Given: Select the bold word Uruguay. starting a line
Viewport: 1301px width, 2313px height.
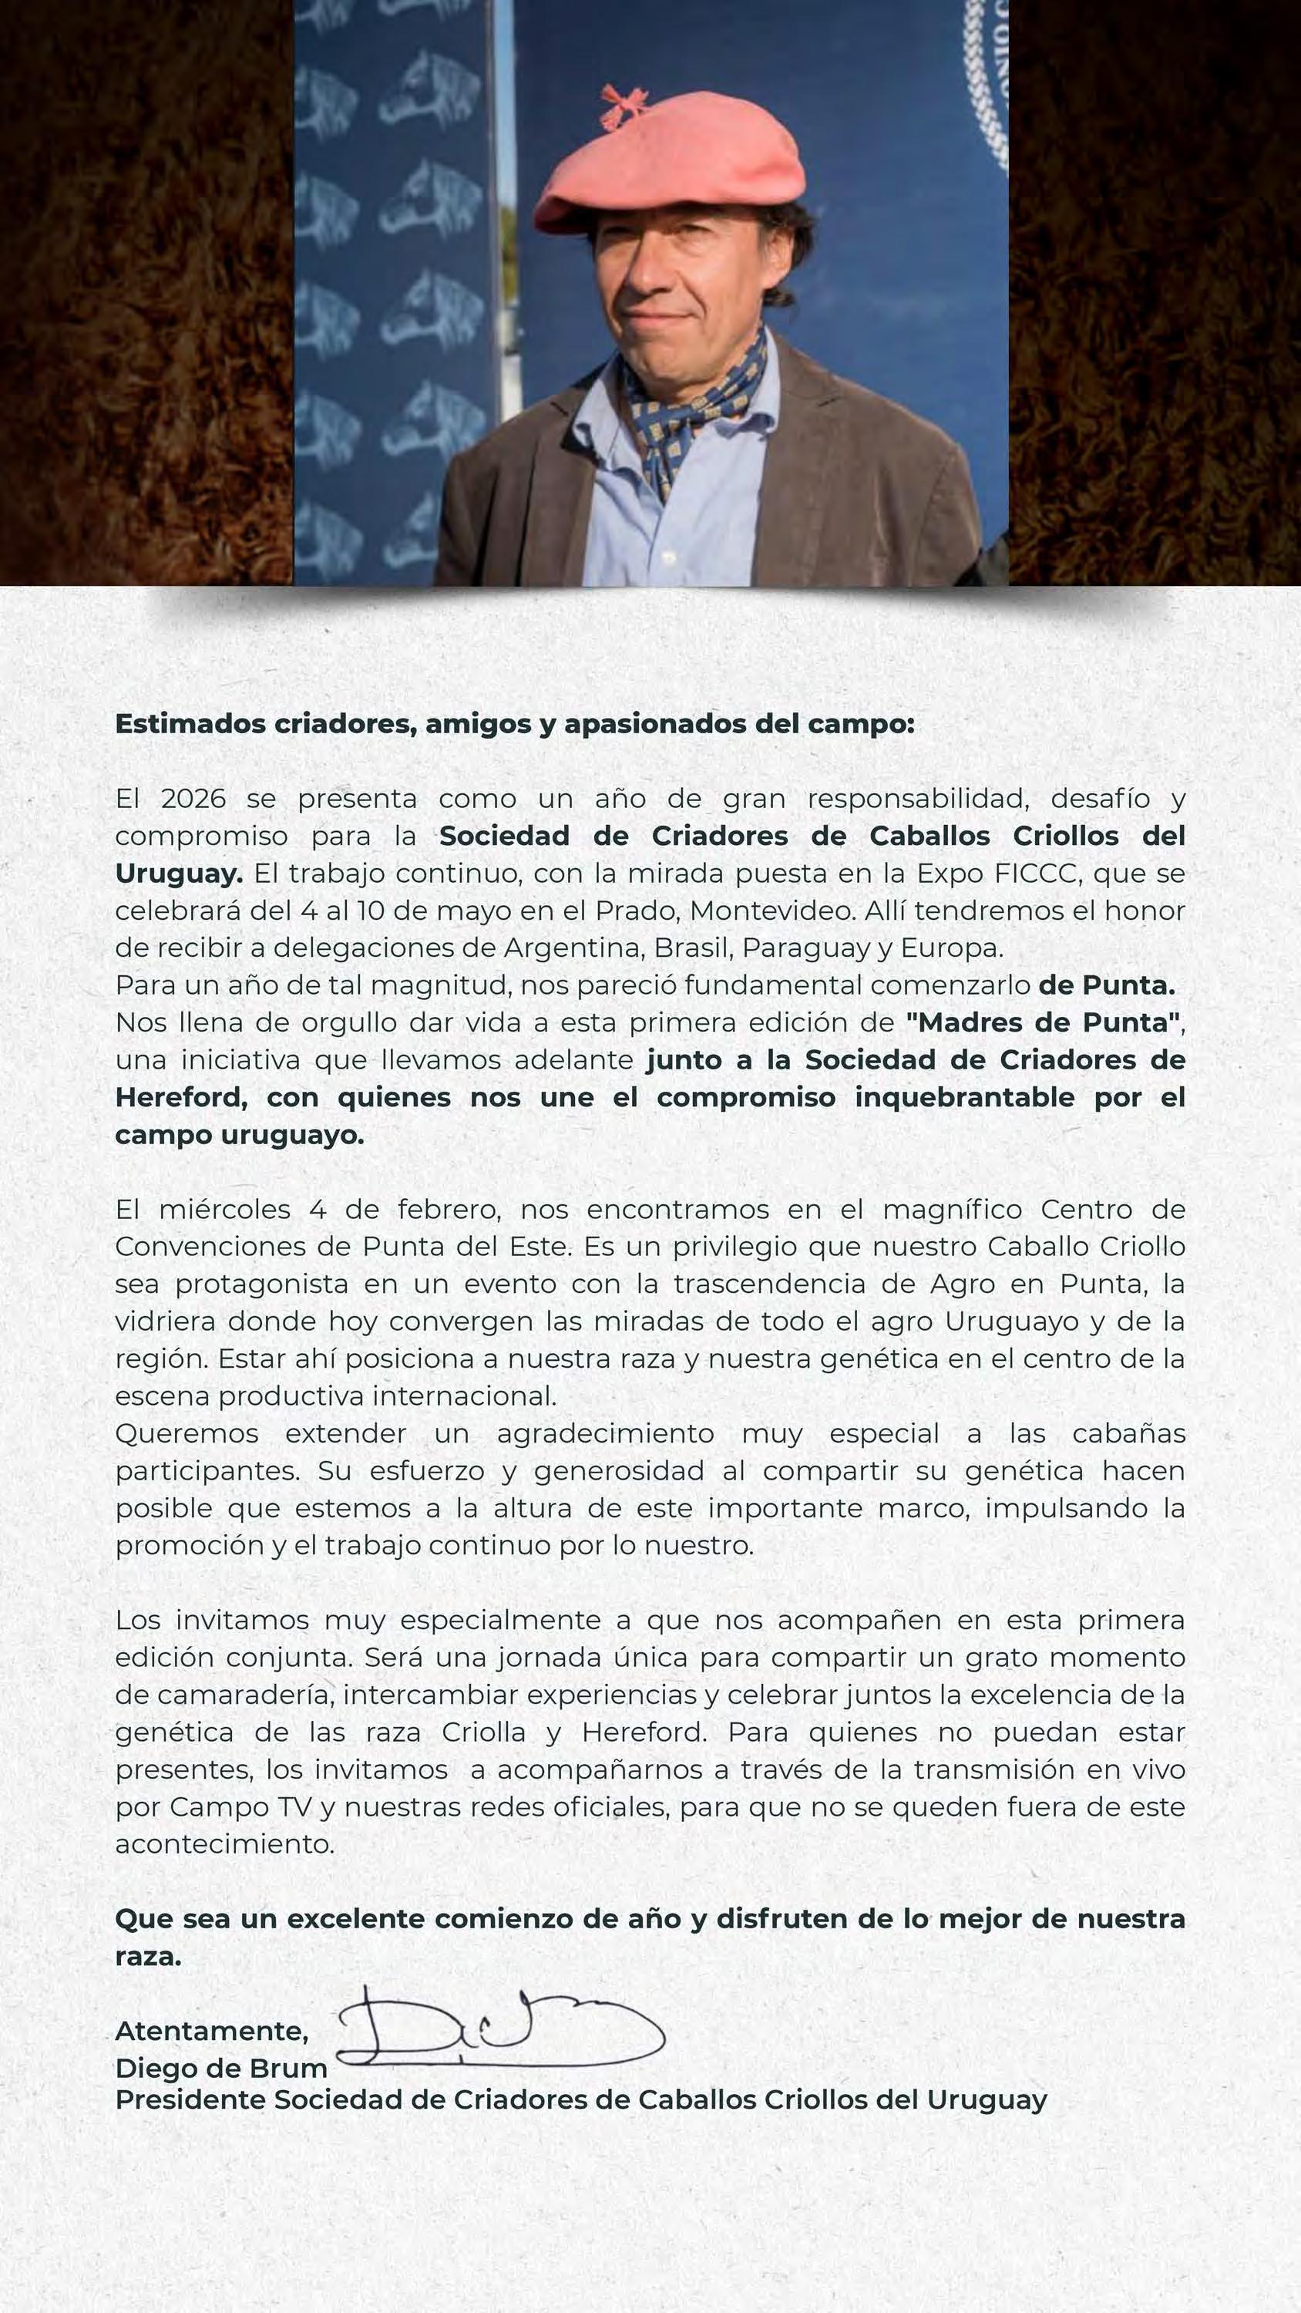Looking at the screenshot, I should tap(179, 873).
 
